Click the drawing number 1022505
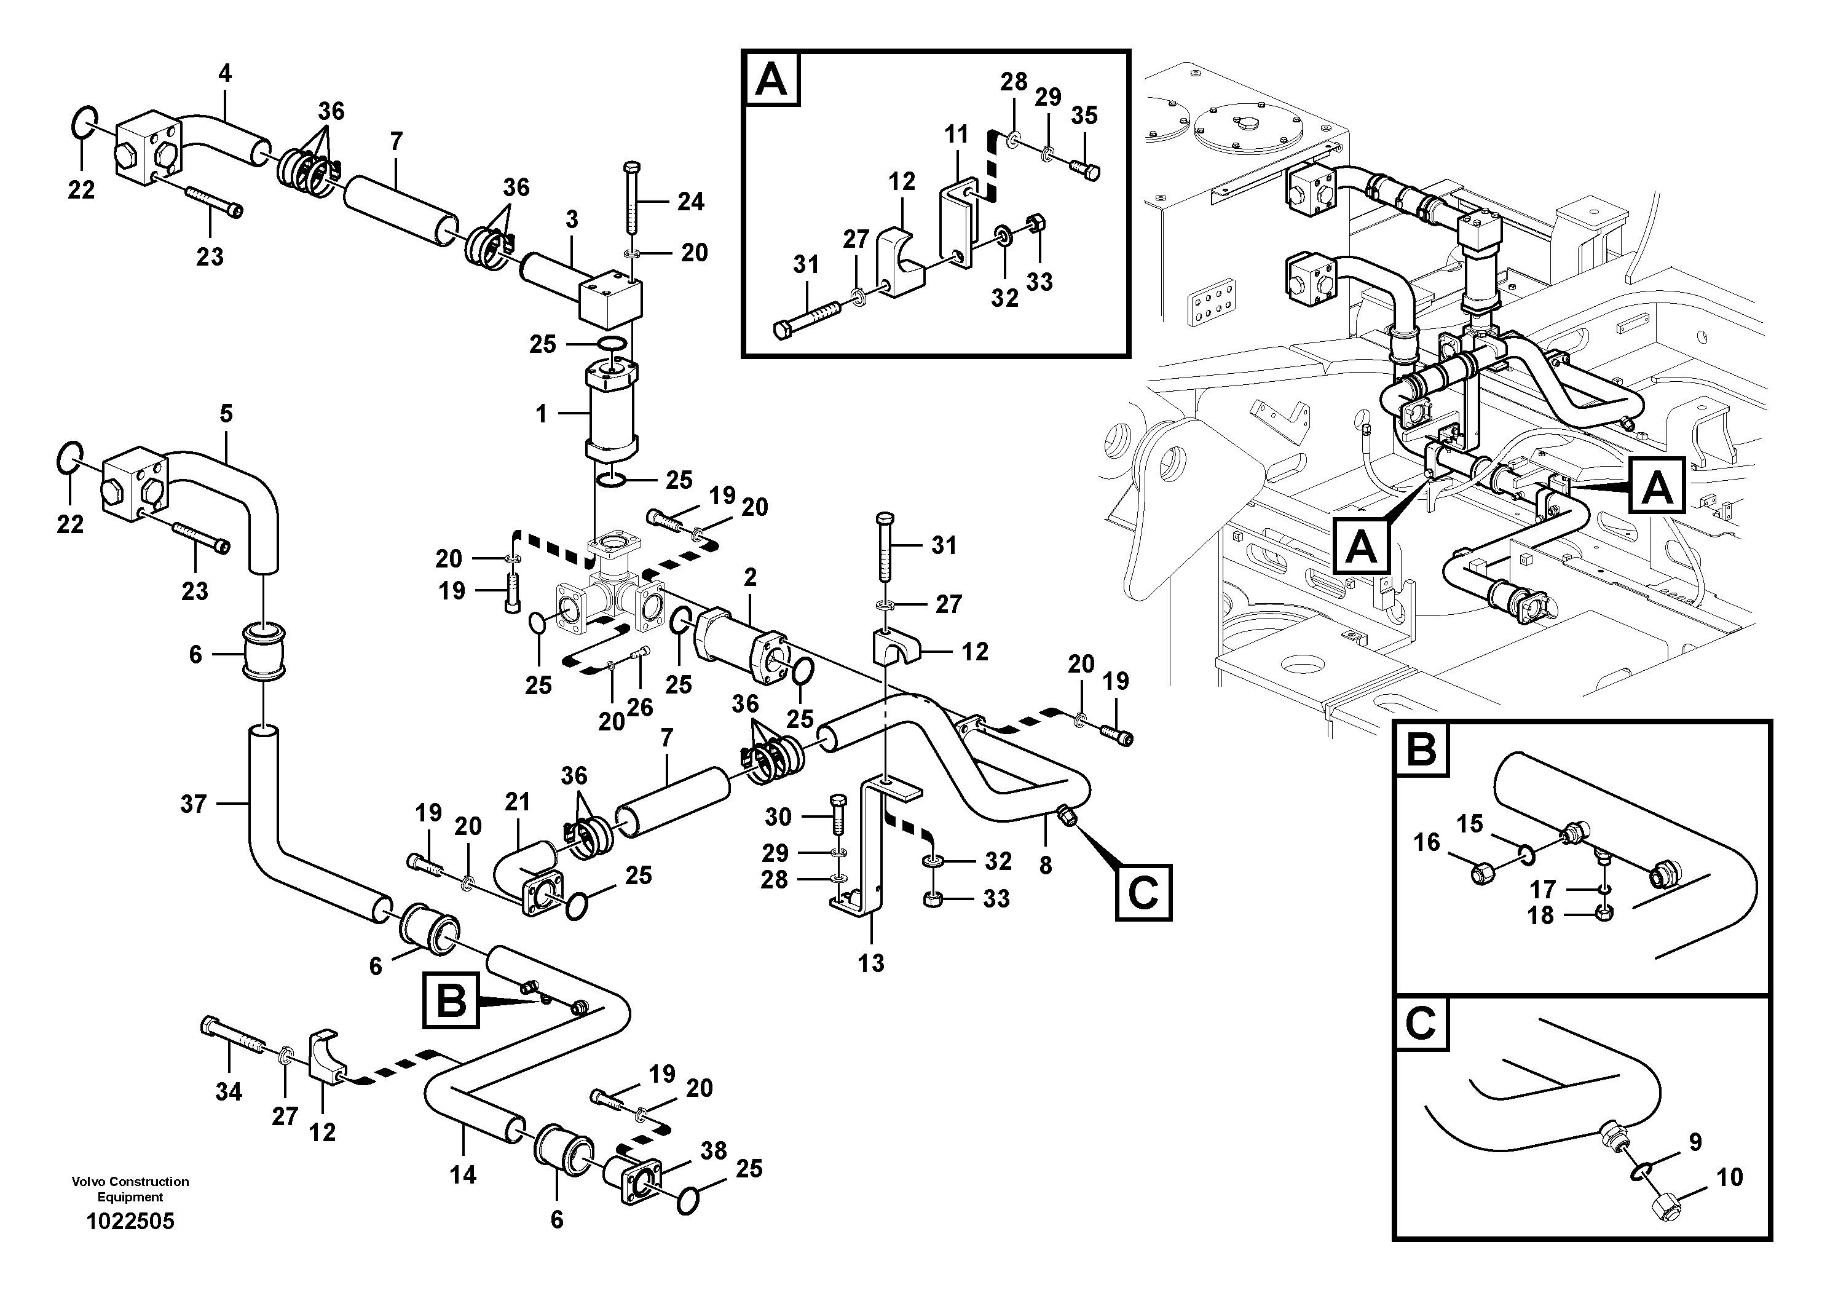[x=130, y=1220]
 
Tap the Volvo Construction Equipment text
[x=130, y=1188]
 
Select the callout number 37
[x=194, y=804]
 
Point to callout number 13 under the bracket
[x=870, y=963]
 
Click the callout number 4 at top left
[x=225, y=73]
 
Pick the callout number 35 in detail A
[x=1084, y=116]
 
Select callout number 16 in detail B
[x=1427, y=842]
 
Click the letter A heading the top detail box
[x=771, y=80]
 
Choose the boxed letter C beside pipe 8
[x=1142, y=893]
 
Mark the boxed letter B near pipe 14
[x=451, y=999]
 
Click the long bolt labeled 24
[x=629, y=199]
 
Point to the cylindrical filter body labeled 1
[x=610, y=414]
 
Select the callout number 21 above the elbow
[x=517, y=802]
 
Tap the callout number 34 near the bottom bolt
[x=228, y=1091]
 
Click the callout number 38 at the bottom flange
[x=713, y=1150]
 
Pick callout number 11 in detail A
[x=956, y=134]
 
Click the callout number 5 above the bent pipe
[x=226, y=414]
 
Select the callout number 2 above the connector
[x=750, y=577]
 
